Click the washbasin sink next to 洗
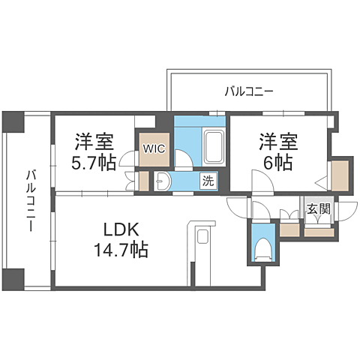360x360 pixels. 160,180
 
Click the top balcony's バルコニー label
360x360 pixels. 248,92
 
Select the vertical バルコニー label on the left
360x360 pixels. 30,200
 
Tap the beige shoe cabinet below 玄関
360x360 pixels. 319,231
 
